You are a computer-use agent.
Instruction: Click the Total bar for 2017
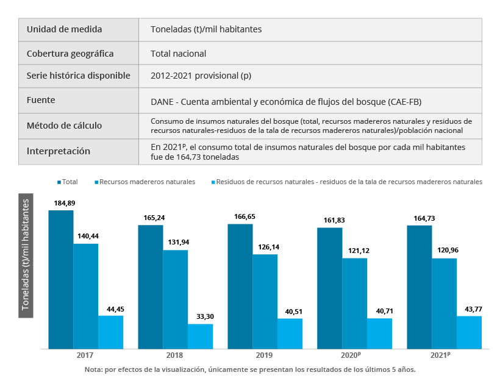61,279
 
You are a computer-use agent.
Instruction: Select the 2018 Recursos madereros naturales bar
176,299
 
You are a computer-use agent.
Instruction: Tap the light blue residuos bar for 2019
290,333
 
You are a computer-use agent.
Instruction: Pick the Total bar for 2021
420,287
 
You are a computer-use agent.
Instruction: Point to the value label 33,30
201,316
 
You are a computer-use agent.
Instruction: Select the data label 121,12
354,251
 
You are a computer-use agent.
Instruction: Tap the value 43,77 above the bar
470,308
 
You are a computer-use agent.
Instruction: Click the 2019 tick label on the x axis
265,355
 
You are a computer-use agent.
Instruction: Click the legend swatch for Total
59,182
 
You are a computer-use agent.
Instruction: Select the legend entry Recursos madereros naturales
147,182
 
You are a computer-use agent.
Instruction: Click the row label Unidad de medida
64,29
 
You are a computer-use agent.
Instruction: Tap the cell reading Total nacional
178,54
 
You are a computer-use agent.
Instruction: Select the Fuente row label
41,99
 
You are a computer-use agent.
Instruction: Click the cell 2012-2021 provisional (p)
201,76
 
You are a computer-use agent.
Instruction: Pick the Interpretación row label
58,151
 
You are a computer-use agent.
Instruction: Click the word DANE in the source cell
162,102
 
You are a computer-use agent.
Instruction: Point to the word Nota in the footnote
93,369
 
